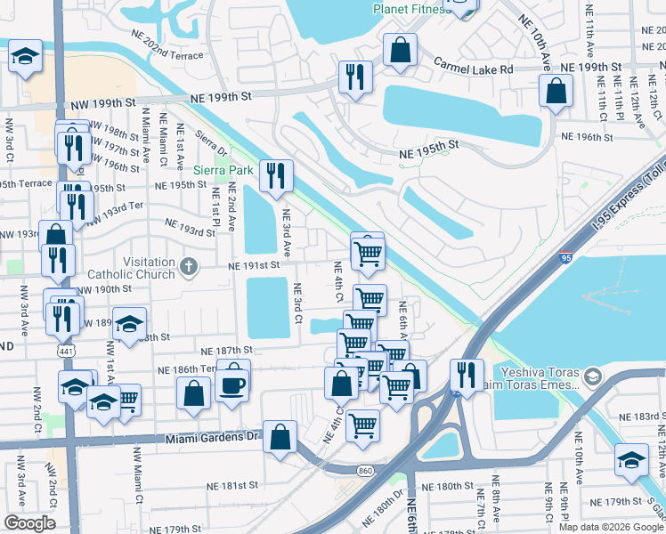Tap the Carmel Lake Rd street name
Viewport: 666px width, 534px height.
tap(474, 67)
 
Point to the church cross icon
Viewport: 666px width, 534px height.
tap(188, 265)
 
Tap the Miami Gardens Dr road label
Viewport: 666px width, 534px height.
tap(211, 437)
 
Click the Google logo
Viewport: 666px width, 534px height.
tap(29, 523)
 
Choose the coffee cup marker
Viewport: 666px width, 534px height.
tap(233, 384)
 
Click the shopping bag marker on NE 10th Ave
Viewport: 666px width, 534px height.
tap(556, 91)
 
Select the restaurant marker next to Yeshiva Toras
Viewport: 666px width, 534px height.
tap(466, 374)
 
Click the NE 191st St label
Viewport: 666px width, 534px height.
tap(255, 265)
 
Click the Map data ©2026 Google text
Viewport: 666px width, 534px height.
tap(610, 526)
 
